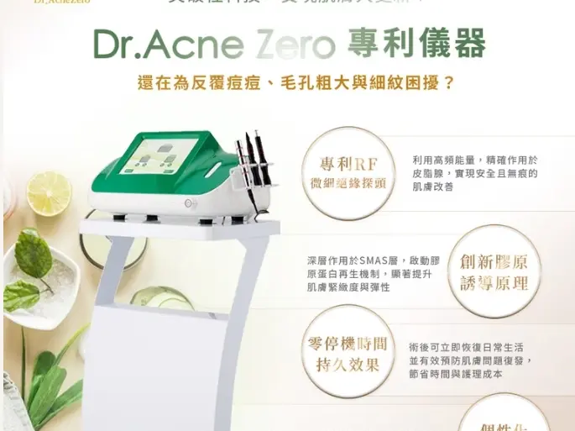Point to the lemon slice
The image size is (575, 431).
point(49,193)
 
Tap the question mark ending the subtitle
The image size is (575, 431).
point(448,84)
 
